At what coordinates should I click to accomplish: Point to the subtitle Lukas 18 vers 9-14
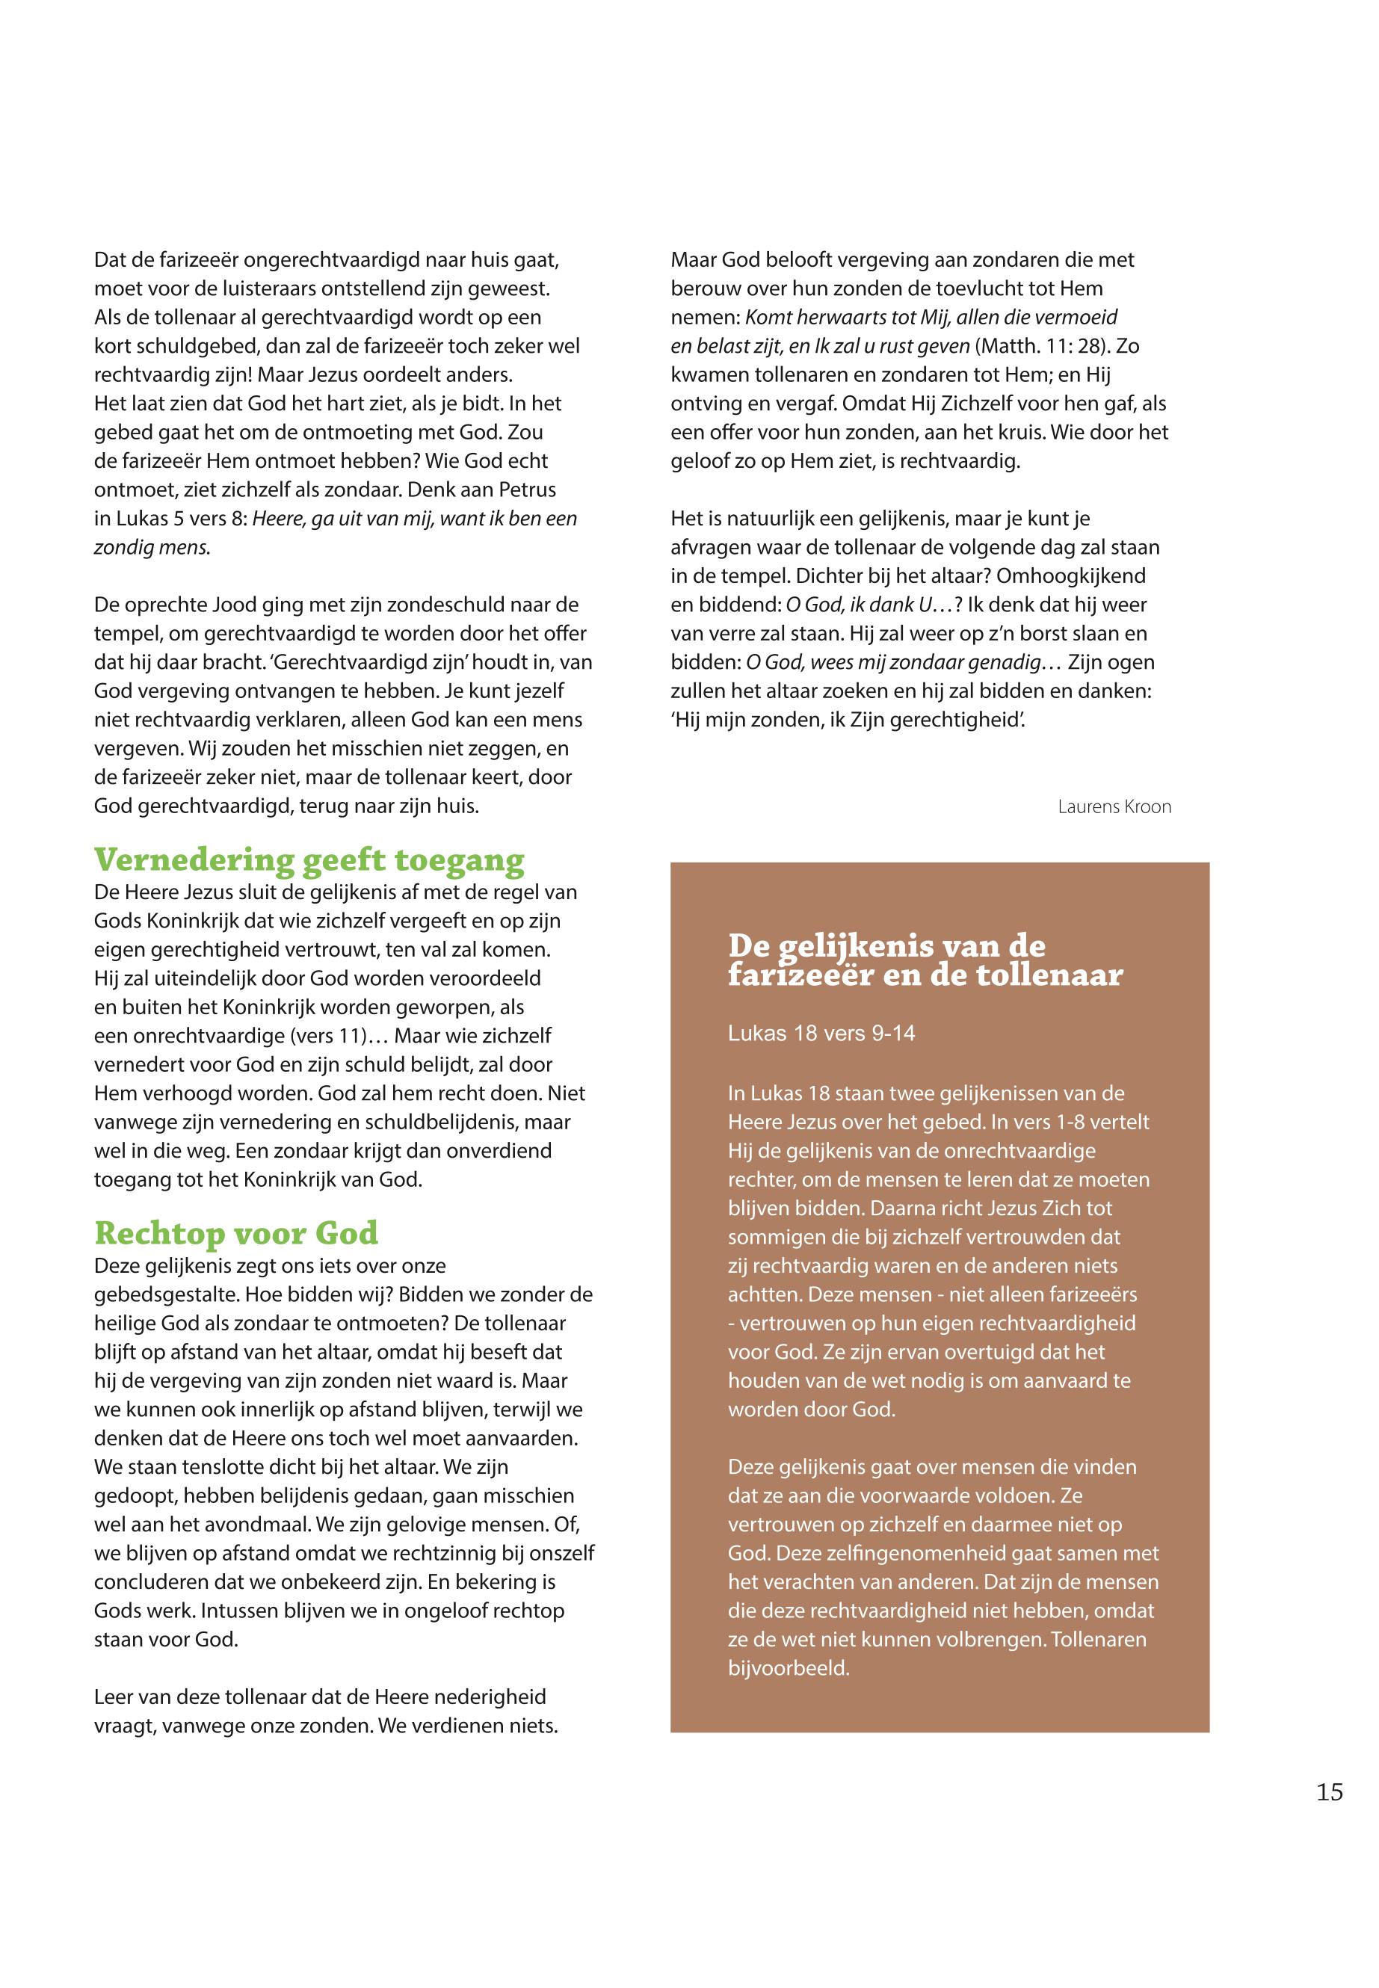click(821, 1034)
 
